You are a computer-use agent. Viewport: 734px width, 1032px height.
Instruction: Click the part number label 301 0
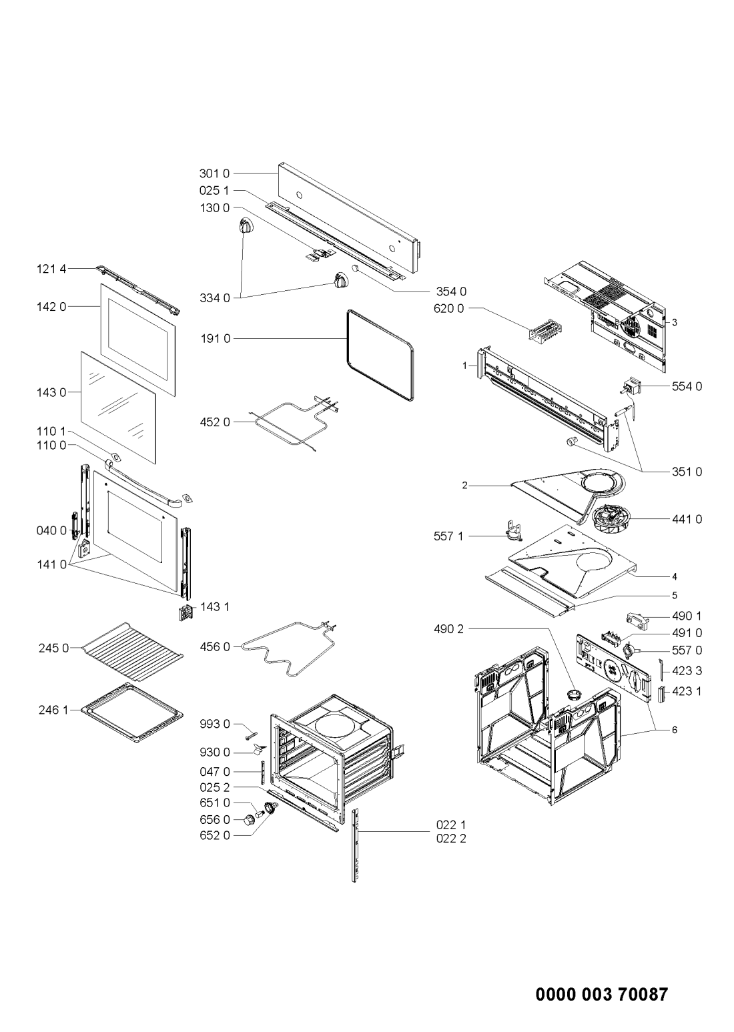pyautogui.click(x=214, y=173)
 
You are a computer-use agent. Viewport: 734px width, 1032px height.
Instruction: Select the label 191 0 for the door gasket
pyautogui.click(x=215, y=339)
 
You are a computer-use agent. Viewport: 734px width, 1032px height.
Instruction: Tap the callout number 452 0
pyautogui.click(x=215, y=422)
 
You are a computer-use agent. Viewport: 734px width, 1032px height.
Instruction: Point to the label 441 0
pyautogui.click(x=687, y=519)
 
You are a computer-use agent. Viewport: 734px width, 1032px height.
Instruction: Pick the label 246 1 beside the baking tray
pyautogui.click(x=53, y=710)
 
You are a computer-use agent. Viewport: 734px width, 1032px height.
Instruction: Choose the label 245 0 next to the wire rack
pyautogui.click(x=53, y=648)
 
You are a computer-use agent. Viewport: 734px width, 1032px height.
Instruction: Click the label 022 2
pyautogui.click(x=451, y=839)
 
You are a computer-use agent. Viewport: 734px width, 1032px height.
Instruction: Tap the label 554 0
pyautogui.click(x=687, y=386)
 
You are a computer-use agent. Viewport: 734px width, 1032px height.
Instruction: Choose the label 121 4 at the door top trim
pyautogui.click(x=51, y=269)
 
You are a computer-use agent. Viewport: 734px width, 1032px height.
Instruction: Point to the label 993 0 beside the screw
pyautogui.click(x=215, y=724)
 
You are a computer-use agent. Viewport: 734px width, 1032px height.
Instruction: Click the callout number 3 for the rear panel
pyautogui.click(x=675, y=322)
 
